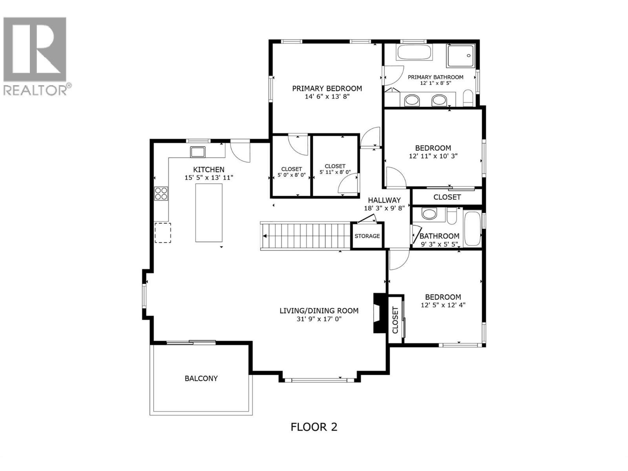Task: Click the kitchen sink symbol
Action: [x=198, y=151]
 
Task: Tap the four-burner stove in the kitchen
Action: [x=161, y=194]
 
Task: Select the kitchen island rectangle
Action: [x=209, y=212]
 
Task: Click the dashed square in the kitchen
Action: [x=162, y=232]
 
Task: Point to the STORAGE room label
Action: [x=367, y=236]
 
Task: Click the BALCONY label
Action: [x=201, y=378]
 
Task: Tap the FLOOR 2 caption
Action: [x=314, y=427]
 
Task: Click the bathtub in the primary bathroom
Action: [x=414, y=52]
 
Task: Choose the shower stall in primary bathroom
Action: [x=461, y=56]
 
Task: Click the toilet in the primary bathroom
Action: [x=468, y=98]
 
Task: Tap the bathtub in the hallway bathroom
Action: [x=472, y=229]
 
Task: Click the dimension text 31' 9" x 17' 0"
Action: [x=319, y=319]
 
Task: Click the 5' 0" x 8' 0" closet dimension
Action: [x=291, y=175]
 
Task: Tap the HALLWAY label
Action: [x=384, y=200]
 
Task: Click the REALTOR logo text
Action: [x=35, y=90]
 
